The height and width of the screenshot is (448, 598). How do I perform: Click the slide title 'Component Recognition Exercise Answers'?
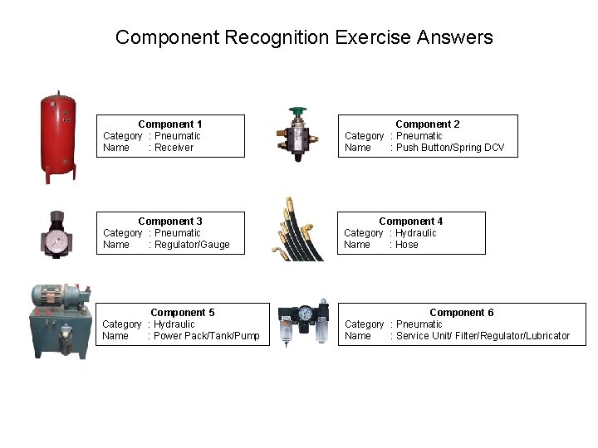pos(304,37)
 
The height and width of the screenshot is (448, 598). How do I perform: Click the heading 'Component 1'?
pos(170,124)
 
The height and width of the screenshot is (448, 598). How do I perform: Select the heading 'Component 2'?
pos(428,124)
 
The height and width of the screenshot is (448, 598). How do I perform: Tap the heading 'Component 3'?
pos(170,222)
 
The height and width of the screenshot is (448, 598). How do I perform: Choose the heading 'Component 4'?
pos(411,222)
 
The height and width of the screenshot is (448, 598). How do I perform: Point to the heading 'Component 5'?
pos(183,313)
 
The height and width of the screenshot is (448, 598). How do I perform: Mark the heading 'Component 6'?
pos(462,313)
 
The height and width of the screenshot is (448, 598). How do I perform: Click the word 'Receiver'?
pos(174,148)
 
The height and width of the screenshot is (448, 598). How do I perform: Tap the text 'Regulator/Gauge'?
pos(192,245)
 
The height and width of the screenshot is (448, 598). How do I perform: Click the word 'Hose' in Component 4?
pos(407,245)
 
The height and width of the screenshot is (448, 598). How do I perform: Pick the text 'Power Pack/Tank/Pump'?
pos(207,336)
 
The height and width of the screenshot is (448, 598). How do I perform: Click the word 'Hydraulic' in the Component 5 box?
pos(174,324)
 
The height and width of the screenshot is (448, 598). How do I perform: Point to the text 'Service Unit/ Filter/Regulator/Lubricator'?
pos(483,336)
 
